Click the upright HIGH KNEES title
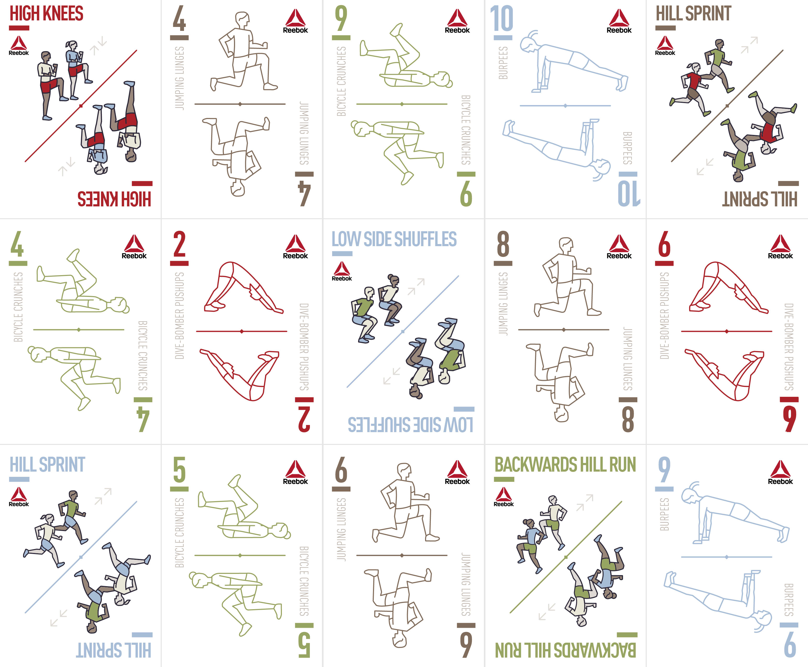47,14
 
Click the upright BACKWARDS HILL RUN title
565,465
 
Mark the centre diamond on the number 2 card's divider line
241,331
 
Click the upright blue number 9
664,470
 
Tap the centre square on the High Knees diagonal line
81,106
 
